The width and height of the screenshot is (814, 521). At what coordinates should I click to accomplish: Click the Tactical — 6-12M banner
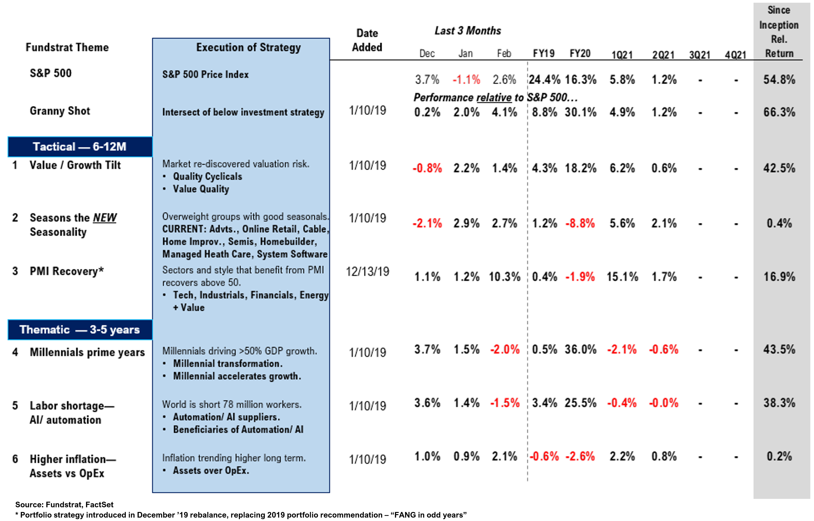coord(80,147)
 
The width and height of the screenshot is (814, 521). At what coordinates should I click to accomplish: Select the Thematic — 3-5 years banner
coord(80,329)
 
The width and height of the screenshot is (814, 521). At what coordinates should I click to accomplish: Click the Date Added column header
coord(367,40)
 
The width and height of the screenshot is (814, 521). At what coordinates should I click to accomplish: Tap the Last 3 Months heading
coord(467,31)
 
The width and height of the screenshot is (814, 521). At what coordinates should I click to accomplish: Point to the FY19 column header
coord(544,54)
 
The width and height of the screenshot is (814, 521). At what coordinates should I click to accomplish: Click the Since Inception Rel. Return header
coord(779,32)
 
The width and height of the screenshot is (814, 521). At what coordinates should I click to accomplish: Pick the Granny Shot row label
coord(60,111)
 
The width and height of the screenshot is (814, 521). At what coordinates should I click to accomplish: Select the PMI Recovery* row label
coord(67,271)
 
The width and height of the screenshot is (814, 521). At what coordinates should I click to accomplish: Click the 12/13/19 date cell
coord(367,271)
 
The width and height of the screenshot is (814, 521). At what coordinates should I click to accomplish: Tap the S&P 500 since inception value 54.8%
coord(779,80)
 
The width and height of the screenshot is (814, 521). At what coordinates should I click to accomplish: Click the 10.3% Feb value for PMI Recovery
coord(504,277)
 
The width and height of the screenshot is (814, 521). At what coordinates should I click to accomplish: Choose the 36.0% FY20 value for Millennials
coord(580,349)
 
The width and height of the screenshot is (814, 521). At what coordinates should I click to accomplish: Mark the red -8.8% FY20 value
coord(580,223)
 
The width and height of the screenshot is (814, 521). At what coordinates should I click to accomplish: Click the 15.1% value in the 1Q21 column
coord(622,277)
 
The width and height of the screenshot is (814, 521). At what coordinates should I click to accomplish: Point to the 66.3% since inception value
coord(779,112)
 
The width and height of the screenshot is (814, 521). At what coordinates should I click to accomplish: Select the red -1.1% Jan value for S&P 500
coord(466,80)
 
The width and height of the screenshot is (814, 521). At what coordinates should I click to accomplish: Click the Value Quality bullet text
coord(201,189)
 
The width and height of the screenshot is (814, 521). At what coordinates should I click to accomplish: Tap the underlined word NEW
coord(105,218)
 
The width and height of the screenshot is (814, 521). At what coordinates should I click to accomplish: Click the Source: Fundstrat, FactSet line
coord(64,504)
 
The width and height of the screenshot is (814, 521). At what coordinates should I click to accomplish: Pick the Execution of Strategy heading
coord(248,47)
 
